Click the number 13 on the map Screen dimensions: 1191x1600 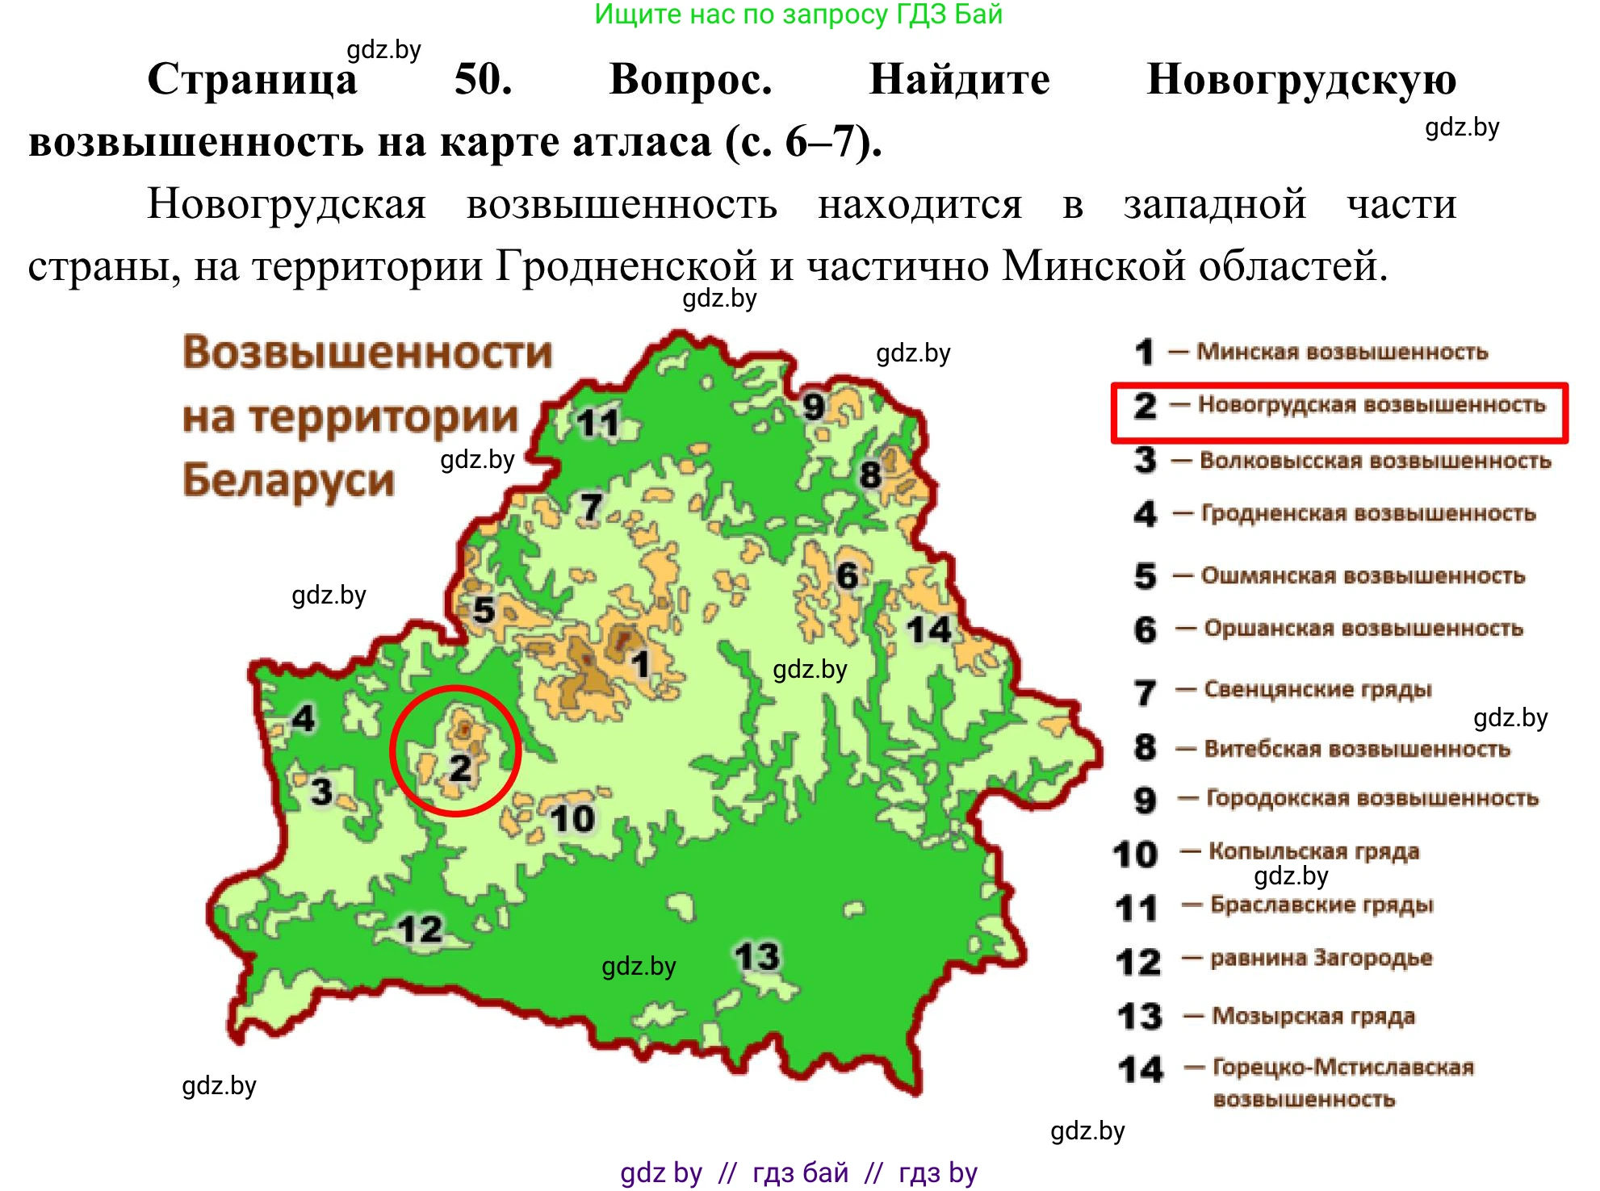(x=757, y=957)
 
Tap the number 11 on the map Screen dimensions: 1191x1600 (x=597, y=423)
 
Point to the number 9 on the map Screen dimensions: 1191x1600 (x=814, y=406)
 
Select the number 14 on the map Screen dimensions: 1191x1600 (x=929, y=629)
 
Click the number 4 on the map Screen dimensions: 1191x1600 (x=304, y=718)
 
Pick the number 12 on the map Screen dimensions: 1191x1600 (x=421, y=930)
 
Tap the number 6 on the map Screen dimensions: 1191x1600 (x=847, y=576)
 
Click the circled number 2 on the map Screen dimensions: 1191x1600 (x=460, y=767)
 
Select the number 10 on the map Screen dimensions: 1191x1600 (x=572, y=819)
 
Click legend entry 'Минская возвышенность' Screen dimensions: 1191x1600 (x=1341, y=352)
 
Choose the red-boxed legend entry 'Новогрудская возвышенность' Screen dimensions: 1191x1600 (x=1371, y=404)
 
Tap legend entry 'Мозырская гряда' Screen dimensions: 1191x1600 (x=1313, y=1016)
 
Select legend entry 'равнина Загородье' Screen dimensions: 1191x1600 (x=1321, y=959)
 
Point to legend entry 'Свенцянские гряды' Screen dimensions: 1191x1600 (x=1317, y=690)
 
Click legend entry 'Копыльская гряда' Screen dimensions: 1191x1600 (x=1313, y=851)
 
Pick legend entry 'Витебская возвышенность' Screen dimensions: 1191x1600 (x=1356, y=749)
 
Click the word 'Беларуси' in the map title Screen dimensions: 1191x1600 (x=289, y=480)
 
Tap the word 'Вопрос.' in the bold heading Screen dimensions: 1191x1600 (x=690, y=80)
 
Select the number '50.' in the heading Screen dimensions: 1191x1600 (x=483, y=80)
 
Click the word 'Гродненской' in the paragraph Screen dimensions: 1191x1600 (x=626, y=265)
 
